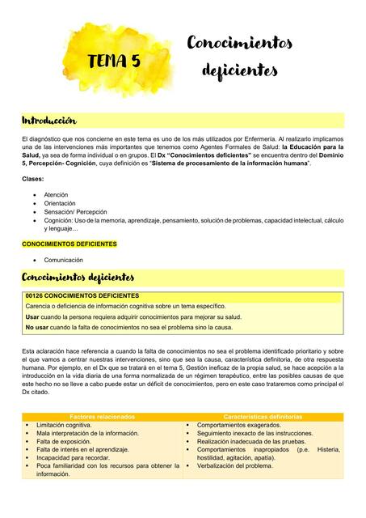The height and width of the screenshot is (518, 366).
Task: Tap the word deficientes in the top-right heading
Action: (240, 70)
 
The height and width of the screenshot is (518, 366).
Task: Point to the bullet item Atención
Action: (57, 195)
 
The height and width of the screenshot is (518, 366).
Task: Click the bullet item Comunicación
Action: (64, 260)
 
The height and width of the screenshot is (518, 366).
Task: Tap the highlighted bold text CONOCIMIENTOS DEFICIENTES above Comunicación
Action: (69, 244)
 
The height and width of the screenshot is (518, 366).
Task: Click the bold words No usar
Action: (37, 328)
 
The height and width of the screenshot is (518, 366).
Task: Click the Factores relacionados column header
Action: (103, 416)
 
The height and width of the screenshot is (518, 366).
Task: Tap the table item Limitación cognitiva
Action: (64, 425)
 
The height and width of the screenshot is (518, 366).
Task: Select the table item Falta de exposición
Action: (64, 442)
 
